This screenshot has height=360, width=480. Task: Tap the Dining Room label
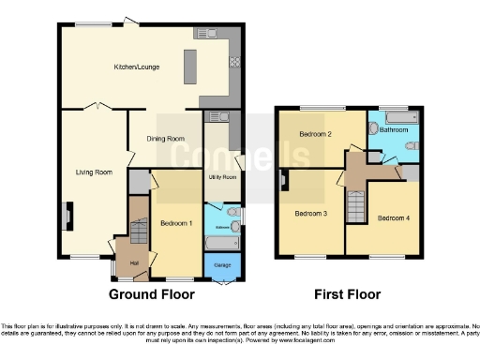click(x=164, y=139)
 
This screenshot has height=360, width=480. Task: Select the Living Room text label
click(x=94, y=172)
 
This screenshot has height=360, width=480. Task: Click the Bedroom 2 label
click(x=317, y=134)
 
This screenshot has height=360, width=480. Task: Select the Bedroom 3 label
click(x=310, y=213)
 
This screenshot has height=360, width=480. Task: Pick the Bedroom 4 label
click(x=393, y=218)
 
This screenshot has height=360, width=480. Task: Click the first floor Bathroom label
click(x=393, y=131)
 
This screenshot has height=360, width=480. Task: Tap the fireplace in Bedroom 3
click(x=282, y=179)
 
